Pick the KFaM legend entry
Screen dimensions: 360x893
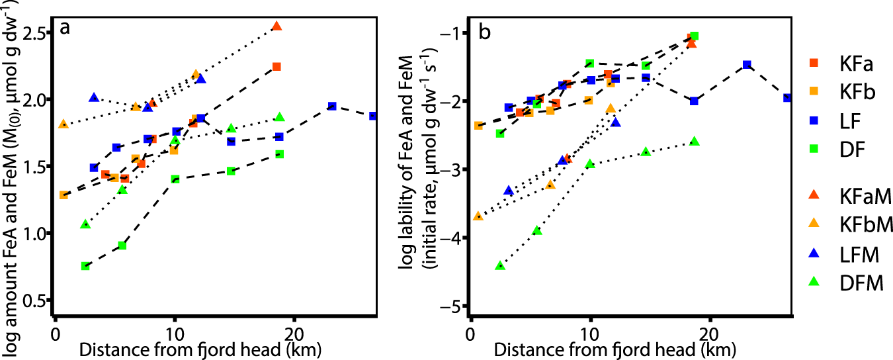[x=847, y=196]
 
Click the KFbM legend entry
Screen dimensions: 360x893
[x=847, y=225]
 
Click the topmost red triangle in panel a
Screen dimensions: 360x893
[x=276, y=26]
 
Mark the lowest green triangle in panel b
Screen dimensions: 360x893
[x=500, y=265]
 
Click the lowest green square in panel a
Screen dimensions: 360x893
[x=85, y=266]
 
